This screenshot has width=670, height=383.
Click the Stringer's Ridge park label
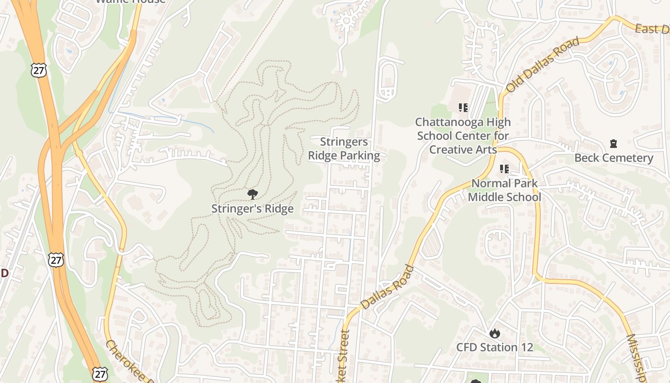click(x=252, y=209)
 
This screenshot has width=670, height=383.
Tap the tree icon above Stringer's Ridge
click(x=252, y=194)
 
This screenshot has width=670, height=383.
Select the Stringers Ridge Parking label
click(x=344, y=148)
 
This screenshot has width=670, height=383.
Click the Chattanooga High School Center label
click(x=463, y=135)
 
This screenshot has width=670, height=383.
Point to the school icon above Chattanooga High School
click(x=463, y=108)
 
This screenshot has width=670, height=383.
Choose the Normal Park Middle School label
click(x=504, y=190)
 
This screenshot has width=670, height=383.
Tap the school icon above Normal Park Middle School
click(x=504, y=169)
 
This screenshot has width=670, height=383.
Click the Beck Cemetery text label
click(x=614, y=158)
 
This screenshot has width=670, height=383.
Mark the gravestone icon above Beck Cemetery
click(x=613, y=143)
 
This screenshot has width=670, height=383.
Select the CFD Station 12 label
click(x=494, y=347)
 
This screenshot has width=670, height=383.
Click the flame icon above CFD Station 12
click(x=494, y=333)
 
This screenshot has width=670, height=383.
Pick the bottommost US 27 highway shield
click(x=100, y=374)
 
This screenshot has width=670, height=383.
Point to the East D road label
click(x=652, y=30)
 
